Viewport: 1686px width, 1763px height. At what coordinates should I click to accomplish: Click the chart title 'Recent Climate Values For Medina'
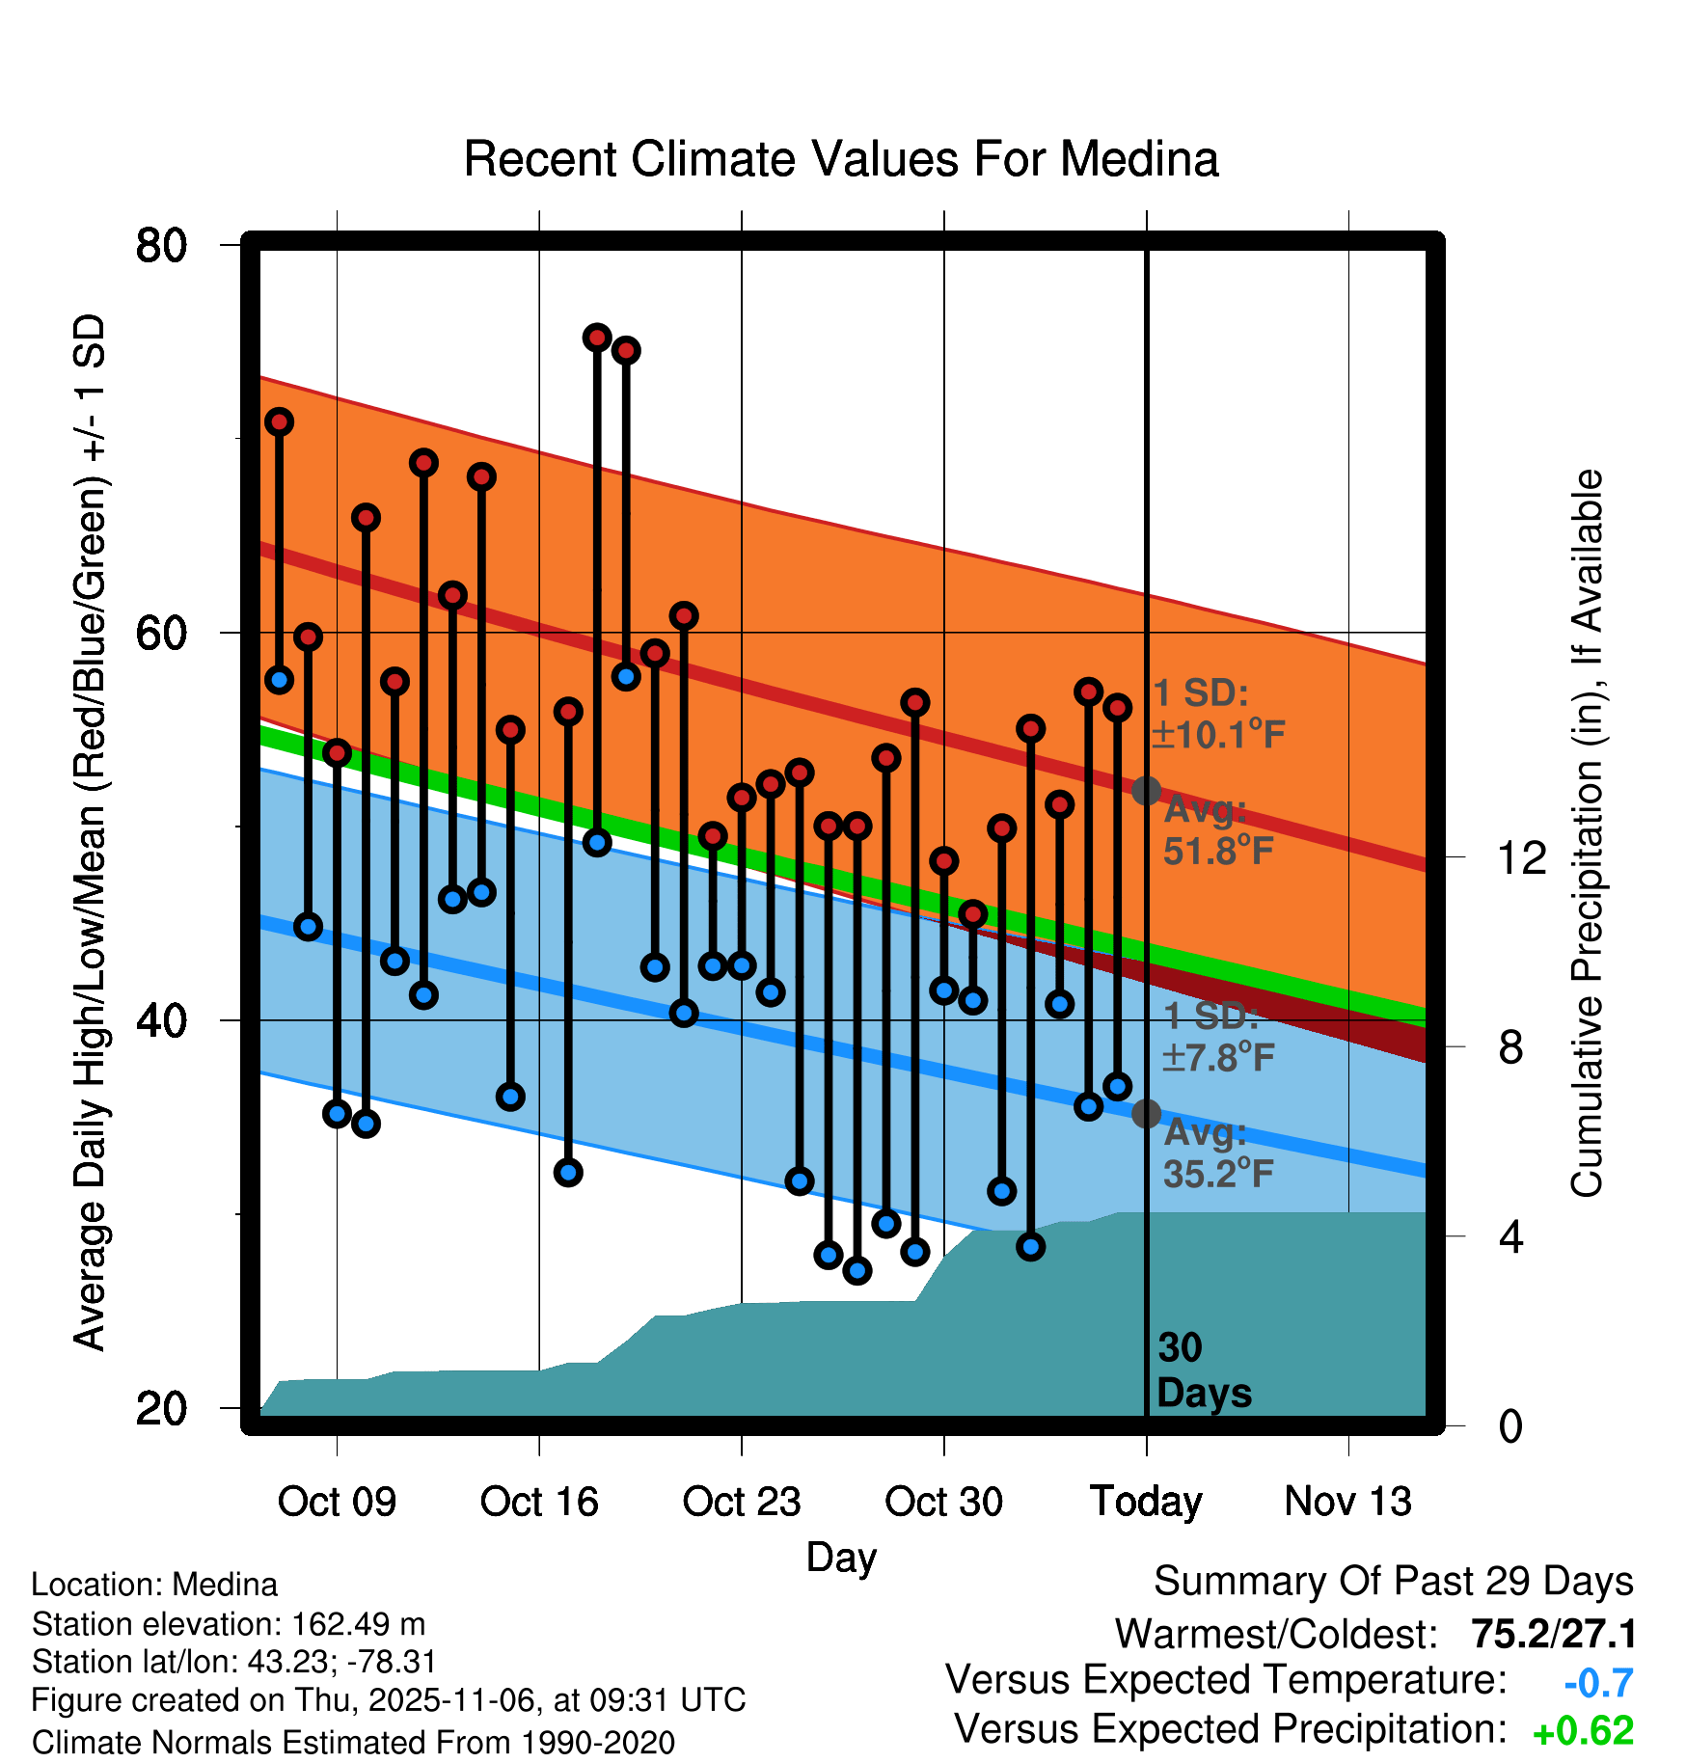coord(841,159)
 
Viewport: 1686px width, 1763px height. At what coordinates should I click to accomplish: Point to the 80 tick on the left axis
coord(161,245)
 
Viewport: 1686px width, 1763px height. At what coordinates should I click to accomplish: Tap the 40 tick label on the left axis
coord(161,1020)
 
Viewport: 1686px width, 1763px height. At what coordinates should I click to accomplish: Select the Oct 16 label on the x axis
coord(539,1502)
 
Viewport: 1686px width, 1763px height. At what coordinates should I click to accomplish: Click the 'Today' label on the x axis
coord(1146,1502)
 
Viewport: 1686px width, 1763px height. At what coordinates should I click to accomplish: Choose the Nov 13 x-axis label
coord(1348,1502)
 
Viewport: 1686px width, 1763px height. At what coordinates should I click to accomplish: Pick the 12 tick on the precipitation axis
coord(1521,857)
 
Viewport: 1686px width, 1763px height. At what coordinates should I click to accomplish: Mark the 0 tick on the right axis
coord(1510,1425)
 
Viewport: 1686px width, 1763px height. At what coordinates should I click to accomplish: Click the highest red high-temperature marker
coord(597,338)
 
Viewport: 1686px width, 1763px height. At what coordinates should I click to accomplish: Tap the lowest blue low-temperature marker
coord(857,1270)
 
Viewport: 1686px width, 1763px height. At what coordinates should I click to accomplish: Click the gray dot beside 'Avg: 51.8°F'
coord(1146,791)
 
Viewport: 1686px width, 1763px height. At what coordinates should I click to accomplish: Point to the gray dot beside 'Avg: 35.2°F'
coord(1146,1114)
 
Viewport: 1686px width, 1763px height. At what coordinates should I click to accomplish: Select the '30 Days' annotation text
coord(1203,1370)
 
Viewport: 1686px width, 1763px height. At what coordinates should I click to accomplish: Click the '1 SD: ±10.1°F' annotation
coord(1217,714)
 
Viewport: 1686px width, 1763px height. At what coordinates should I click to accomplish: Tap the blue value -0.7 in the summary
coord(1598,1683)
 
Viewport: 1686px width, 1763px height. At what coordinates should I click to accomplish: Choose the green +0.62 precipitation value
coord(1583,1731)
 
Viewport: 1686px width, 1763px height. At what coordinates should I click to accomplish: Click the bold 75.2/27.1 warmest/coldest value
coord(1553,1634)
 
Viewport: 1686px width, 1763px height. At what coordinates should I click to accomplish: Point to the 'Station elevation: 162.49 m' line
coord(229,1624)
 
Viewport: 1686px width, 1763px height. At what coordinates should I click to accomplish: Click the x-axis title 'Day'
coord(841,1558)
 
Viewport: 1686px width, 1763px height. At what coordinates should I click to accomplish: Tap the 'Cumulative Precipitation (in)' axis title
coord(1587,833)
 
